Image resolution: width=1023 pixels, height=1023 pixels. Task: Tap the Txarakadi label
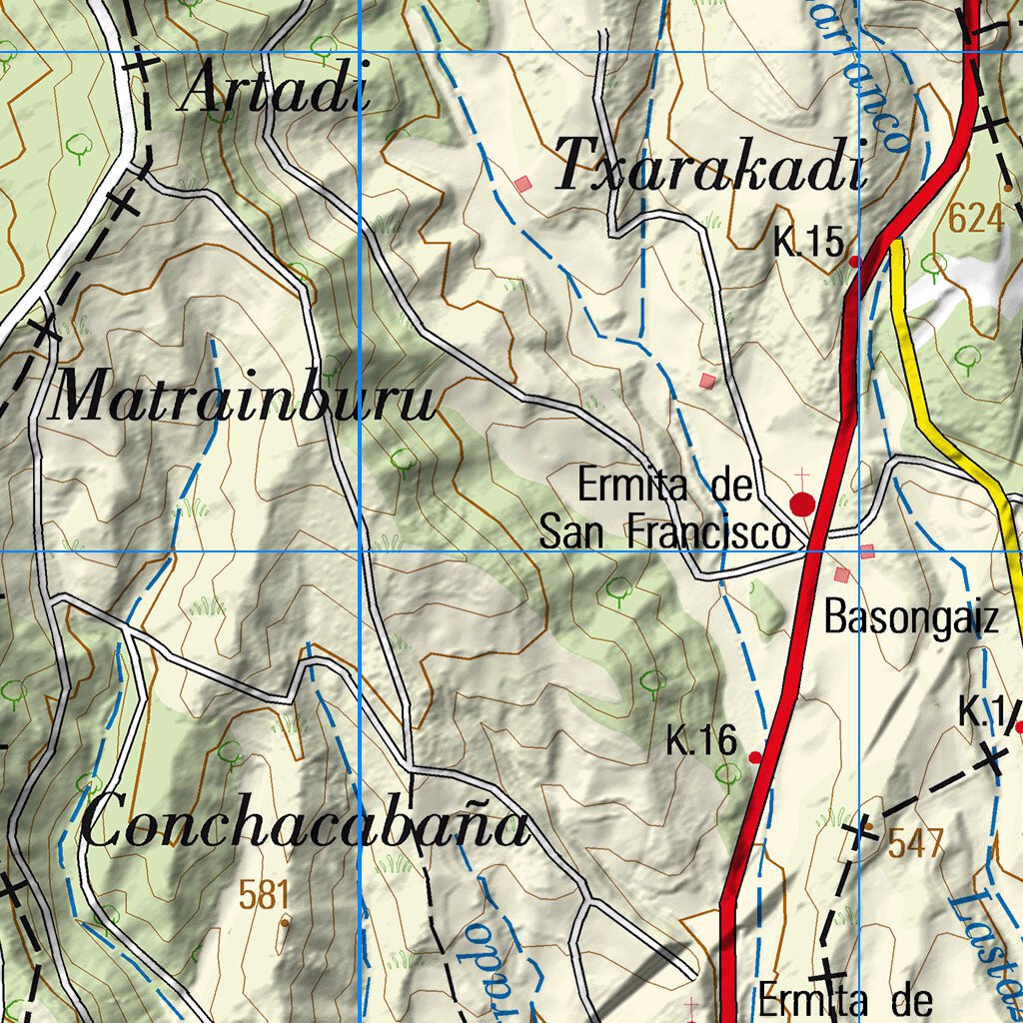(709, 165)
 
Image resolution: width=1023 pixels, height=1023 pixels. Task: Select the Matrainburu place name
(243, 401)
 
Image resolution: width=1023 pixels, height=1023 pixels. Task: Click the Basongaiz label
(911, 619)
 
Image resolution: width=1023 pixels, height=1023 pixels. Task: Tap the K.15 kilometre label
(808, 242)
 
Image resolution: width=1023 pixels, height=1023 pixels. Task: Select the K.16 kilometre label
(701, 741)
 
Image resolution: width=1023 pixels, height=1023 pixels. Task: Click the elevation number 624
(976, 218)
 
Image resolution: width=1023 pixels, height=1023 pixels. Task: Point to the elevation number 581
(265, 894)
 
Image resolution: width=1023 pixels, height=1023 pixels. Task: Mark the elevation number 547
(915, 844)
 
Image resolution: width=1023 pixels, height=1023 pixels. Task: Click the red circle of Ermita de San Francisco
(802, 504)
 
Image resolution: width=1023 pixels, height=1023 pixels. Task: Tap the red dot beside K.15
(854, 261)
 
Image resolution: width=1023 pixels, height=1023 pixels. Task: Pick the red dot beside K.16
(755, 757)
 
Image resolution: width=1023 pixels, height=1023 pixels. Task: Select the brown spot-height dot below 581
(285, 922)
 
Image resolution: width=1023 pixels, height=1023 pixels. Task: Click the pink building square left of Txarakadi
(522, 184)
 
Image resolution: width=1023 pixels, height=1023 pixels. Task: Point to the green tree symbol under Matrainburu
(403, 460)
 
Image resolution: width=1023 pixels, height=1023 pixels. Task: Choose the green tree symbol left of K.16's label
(651, 682)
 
